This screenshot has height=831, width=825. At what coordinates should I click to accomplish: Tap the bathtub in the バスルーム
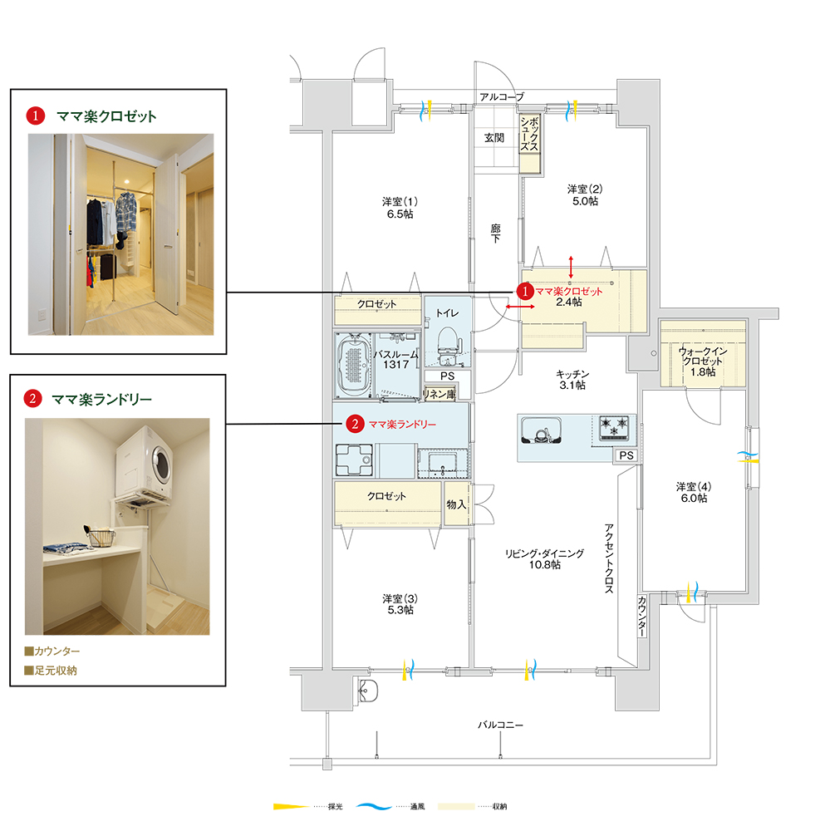click(353, 365)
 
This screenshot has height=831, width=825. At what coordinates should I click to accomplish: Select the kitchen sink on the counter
click(541, 430)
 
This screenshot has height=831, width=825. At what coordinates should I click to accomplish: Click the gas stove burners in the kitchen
click(614, 428)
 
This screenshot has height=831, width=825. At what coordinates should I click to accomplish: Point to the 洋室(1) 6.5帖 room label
click(400, 208)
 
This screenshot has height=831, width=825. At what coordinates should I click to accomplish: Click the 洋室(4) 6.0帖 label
click(694, 492)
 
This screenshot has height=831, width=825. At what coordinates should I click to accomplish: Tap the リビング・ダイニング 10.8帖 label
click(544, 559)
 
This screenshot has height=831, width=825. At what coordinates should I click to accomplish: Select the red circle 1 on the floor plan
click(525, 292)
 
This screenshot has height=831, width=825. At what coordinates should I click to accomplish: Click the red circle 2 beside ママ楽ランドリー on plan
click(355, 424)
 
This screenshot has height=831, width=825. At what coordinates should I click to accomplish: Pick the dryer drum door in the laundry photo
click(162, 461)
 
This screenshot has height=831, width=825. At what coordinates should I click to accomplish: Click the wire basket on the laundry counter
click(100, 537)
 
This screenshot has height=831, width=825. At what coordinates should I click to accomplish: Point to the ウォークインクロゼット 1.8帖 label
click(703, 361)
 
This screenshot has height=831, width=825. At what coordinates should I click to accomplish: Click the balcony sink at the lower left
click(368, 691)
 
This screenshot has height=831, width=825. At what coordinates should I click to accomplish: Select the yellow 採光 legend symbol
click(291, 807)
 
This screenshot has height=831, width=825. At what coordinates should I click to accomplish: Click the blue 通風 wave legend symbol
click(374, 807)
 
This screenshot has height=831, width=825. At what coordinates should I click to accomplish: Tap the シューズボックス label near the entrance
click(529, 134)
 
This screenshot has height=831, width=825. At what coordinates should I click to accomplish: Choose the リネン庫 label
click(440, 394)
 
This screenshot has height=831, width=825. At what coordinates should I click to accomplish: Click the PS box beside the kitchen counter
click(626, 455)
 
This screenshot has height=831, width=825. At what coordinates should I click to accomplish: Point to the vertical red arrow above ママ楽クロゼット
click(571, 267)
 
